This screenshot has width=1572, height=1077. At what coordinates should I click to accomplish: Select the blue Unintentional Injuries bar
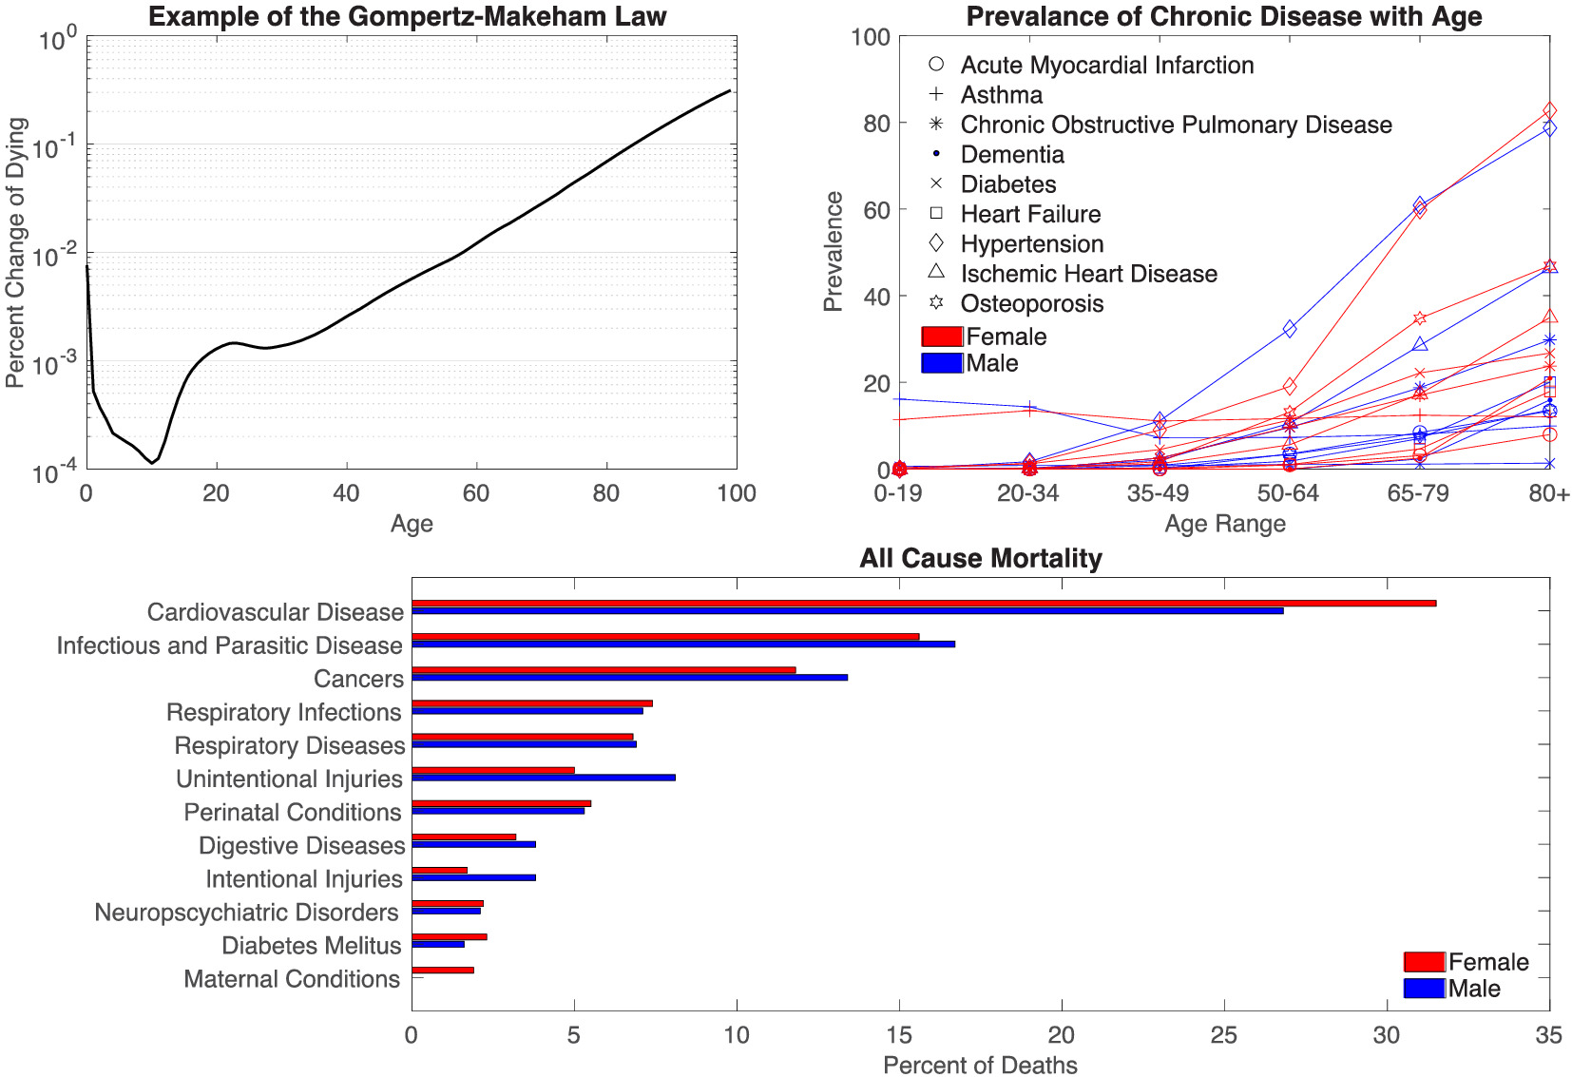(543, 778)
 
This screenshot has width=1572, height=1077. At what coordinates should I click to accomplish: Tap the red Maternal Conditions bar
(442, 970)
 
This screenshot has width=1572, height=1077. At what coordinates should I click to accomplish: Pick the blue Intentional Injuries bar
(473, 877)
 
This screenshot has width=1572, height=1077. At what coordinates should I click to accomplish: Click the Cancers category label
(358, 679)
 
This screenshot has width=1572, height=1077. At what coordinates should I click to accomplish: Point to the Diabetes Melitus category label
(311, 946)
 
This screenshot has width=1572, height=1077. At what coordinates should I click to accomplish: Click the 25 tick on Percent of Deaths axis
(1223, 1035)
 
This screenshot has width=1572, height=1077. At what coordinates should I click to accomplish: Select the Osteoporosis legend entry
(1031, 303)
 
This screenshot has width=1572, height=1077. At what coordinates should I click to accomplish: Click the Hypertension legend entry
(1031, 244)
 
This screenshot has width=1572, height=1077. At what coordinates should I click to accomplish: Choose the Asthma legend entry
(1001, 95)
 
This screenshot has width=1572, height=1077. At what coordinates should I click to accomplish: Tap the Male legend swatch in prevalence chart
(942, 363)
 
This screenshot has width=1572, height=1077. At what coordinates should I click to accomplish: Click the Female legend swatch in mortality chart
(1424, 962)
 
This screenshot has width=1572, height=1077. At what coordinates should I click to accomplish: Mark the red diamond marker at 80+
(1549, 111)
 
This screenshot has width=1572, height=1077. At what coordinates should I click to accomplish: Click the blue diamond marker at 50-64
(1290, 328)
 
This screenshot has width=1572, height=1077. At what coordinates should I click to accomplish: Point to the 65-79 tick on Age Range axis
(1417, 493)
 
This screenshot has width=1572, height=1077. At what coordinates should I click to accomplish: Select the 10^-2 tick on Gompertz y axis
(56, 256)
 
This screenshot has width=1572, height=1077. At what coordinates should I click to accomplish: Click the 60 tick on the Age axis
(475, 493)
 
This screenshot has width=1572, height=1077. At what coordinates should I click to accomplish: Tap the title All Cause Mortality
(980, 558)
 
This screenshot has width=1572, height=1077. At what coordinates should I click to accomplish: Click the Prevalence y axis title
(834, 251)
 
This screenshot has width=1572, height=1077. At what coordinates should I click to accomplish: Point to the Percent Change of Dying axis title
(15, 252)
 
